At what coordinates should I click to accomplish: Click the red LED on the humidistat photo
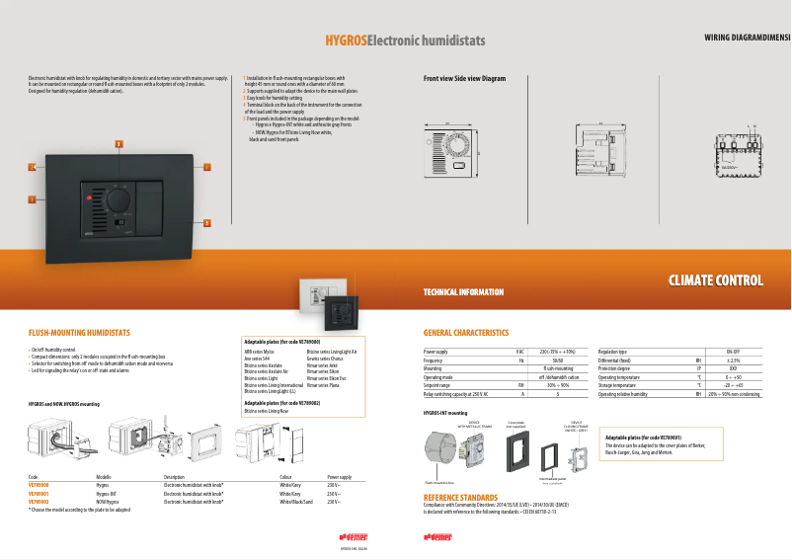(x=88, y=200)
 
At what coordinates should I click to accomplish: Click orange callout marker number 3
(x=119, y=144)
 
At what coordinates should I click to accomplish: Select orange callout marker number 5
(x=206, y=222)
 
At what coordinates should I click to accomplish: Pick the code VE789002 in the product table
(x=39, y=503)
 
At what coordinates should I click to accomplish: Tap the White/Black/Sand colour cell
(x=296, y=503)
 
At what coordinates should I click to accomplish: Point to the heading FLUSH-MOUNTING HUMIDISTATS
(x=79, y=334)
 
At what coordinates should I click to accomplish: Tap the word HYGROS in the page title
(x=347, y=40)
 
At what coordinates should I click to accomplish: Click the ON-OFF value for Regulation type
(x=734, y=352)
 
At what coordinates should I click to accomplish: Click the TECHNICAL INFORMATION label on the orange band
(x=463, y=292)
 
